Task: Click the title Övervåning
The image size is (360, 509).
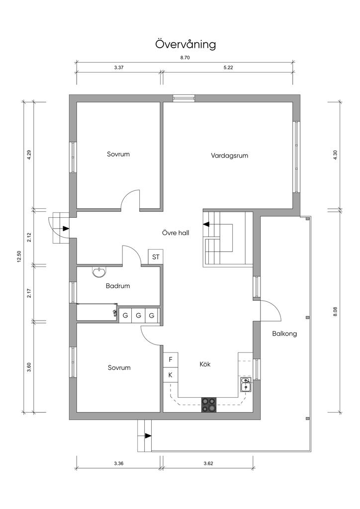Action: click(x=185, y=44)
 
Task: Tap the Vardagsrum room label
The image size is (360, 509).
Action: click(x=229, y=156)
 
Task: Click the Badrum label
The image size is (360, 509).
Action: click(x=118, y=286)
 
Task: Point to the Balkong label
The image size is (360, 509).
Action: click(x=284, y=334)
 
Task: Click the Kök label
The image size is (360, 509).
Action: click(x=205, y=364)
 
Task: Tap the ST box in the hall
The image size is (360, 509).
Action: click(x=156, y=257)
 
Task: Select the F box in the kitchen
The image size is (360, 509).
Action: click(x=171, y=359)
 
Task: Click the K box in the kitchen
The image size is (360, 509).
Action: click(x=171, y=375)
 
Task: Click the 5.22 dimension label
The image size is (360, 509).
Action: click(x=228, y=67)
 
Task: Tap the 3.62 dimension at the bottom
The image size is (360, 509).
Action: click(x=208, y=463)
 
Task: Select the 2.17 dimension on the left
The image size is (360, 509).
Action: click(x=29, y=293)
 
